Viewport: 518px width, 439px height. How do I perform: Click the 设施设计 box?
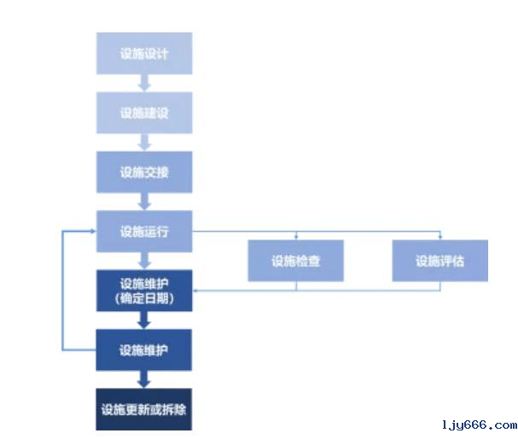pos(143,54)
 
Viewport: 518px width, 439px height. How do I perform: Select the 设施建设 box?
pos(143,113)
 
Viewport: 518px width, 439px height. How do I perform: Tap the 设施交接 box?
pos(143,173)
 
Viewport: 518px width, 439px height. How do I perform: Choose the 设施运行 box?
pos(143,231)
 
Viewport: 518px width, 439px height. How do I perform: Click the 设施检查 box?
pos(295,261)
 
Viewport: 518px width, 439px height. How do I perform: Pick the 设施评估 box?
pos(439,261)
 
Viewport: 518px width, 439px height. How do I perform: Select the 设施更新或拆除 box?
pos(143,409)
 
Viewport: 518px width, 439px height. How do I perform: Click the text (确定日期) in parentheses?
pos(143,298)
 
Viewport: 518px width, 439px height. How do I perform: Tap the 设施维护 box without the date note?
pos(143,349)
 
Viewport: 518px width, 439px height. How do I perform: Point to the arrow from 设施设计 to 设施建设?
pos(144,84)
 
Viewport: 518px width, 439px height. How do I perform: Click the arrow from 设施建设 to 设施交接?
pos(144,143)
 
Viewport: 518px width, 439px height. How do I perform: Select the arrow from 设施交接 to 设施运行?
pos(144,202)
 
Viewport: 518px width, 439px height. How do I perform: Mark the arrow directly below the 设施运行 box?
pos(144,261)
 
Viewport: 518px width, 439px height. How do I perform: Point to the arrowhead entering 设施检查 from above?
pos(295,237)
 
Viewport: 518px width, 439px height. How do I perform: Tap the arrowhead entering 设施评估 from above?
pos(439,237)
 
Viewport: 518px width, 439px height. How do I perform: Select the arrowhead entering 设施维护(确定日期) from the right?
pos(196,291)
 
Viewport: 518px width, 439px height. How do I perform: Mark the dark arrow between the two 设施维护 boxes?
pos(144,320)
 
